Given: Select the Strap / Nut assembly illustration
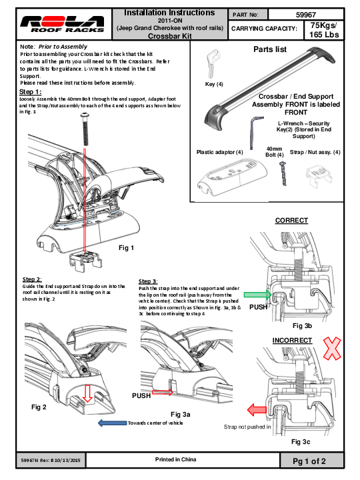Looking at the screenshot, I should point(319,178).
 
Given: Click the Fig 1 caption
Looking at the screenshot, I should point(127,248).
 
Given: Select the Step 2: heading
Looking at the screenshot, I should point(32,279).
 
